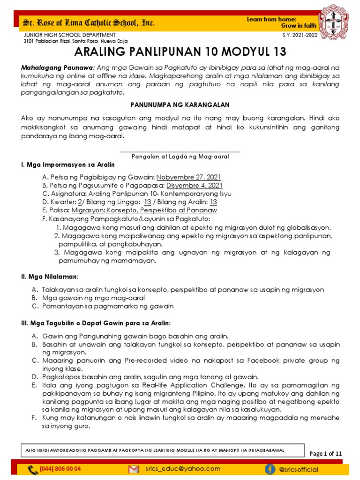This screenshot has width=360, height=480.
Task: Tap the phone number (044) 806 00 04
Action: coord(60,469)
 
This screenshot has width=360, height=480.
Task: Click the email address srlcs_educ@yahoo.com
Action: coord(183,469)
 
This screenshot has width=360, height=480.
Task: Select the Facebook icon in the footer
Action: coord(270,469)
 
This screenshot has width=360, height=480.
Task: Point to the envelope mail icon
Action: coord(134,469)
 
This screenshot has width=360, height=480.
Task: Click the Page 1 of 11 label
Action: coord(326,453)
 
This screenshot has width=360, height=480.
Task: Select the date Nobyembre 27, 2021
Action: coord(189,177)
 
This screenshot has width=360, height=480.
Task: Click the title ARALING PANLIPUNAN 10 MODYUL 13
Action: coord(180,51)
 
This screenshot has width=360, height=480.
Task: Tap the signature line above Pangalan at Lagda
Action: coord(180,151)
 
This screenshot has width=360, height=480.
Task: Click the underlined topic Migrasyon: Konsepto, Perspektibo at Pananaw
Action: coord(144,210)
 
